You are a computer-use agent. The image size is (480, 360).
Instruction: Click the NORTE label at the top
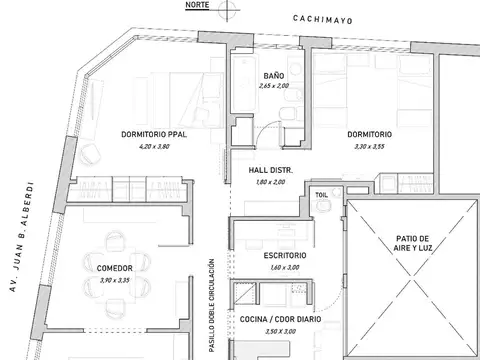click(x=197, y=5)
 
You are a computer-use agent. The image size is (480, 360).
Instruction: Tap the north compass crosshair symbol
click(x=227, y=10)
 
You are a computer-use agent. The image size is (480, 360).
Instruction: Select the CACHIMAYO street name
click(x=322, y=20)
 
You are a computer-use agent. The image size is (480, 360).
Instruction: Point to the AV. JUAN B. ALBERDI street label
click(x=21, y=237)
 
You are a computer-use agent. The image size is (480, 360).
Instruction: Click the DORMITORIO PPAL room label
click(x=154, y=134)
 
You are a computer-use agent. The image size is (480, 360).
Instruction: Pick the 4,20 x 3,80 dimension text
click(x=154, y=146)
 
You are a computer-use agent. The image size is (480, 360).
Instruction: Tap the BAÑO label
click(x=274, y=75)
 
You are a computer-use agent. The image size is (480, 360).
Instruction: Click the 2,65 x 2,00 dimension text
click(x=274, y=86)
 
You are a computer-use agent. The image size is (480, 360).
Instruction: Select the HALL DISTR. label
click(x=270, y=170)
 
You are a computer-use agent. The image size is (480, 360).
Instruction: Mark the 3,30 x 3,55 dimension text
click(x=369, y=146)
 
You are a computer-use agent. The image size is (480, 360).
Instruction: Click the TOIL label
click(x=321, y=195)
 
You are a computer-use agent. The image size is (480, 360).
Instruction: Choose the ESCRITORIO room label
click(x=285, y=256)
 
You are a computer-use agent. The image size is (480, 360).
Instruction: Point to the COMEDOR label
click(x=115, y=268)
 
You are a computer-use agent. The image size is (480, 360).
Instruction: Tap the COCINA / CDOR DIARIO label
click(x=280, y=319)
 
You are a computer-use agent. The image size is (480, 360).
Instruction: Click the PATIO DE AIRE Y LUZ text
click(x=413, y=243)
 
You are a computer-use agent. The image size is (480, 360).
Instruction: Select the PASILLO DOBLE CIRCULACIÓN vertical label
click(x=211, y=305)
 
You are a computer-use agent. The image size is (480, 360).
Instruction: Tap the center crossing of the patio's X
click(x=412, y=277)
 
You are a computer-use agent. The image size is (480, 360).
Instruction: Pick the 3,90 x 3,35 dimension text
click(x=115, y=280)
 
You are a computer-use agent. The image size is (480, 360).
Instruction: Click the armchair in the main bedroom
click(x=90, y=154)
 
